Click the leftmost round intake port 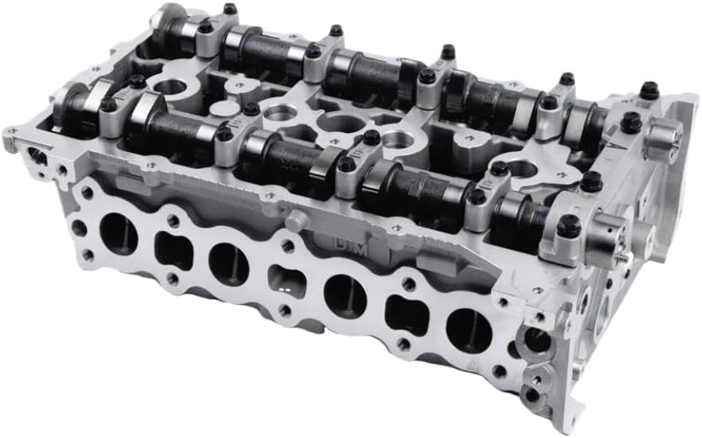(x=118, y=234)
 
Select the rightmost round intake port (x=469, y=330)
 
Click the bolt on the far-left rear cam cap (x=230, y=10)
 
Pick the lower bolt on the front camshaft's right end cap (x=568, y=226)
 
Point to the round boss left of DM (x=294, y=221)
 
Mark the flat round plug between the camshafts (x=226, y=109)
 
